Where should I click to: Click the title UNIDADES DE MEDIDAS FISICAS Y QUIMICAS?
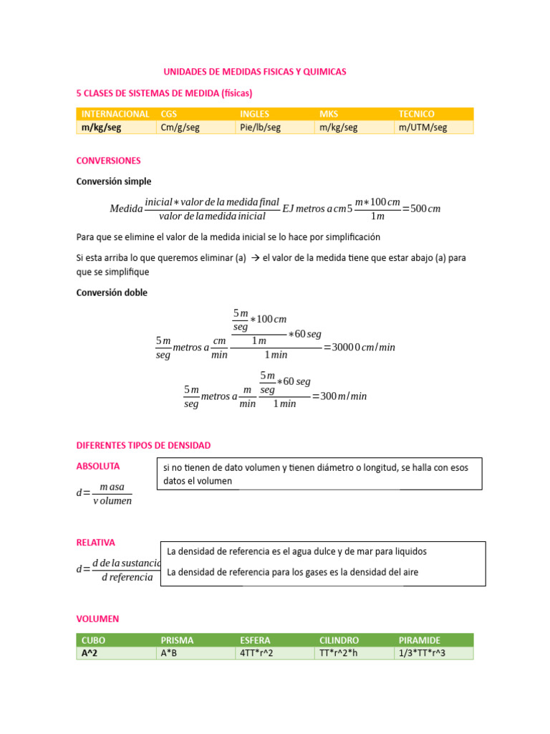pyautogui.click(x=255, y=72)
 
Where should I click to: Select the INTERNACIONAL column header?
pyautogui.click(x=115, y=114)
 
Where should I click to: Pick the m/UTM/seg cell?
pyautogui.click(x=423, y=127)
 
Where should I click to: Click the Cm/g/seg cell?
pyautogui.click(x=180, y=127)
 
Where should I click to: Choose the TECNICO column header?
pyautogui.click(x=417, y=114)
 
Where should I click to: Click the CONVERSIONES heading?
pyautogui.click(x=108, y=161)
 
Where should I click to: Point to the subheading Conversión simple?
pyautogui.click(x=114, y=181)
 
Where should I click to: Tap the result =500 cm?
pyautogui.click(x=421, y=209)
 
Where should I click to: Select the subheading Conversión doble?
pyautogui.click(x=112, y=292)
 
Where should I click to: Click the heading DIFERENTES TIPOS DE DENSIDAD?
pyautogui.click(x=143, y=445)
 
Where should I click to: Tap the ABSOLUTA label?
pyautogui.click(x=97, y=466)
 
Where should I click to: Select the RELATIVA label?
pyautogui.click(x=95, y=543)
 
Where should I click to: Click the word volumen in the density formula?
pyautogui.click(x=113, y=501)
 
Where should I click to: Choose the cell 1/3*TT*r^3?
pyautogui.click(x=422, y=653)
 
